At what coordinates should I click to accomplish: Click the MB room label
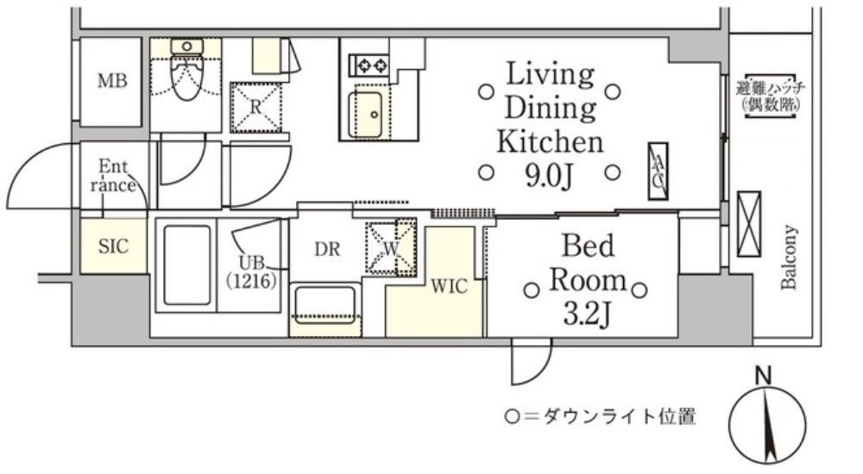click(x=112, y=82)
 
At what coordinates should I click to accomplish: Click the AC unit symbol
click(x=658, y=172)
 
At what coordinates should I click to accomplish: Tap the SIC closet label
click(x=113, y=246)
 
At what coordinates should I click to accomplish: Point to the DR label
click(x=326, y=250)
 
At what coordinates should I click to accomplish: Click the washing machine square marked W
click(x=390, y=248)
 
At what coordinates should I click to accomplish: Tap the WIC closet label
click(x=450, y=286)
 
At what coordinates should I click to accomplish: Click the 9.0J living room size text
click(x=549, y=176)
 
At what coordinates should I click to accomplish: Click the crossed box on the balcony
click(x=747, y=224)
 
